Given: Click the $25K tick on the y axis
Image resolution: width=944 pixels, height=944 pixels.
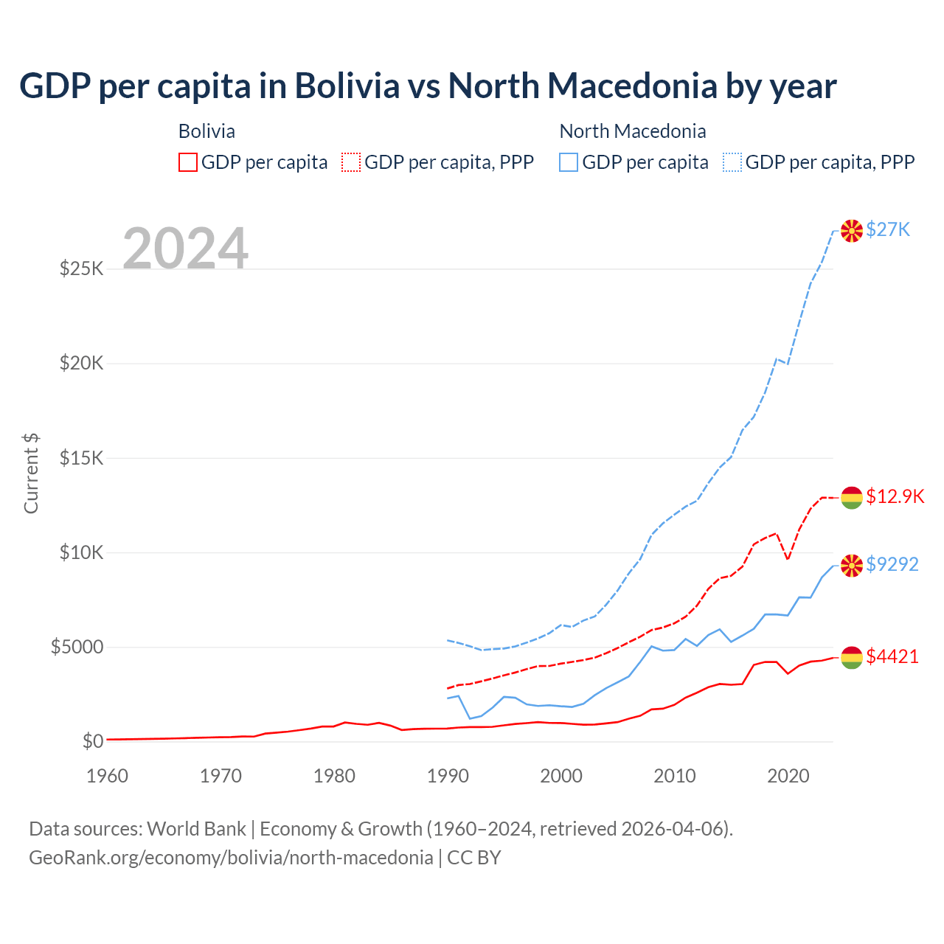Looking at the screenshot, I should tap(82, 268).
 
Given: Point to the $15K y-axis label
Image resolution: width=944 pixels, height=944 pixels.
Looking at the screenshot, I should tap(82, 458).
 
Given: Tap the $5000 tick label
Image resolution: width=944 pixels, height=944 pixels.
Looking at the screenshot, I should tap(77, 648).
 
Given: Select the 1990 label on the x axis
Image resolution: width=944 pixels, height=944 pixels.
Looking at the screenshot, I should tap(448, 776).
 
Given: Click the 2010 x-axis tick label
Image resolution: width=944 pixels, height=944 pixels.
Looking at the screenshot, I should tap(675, 776).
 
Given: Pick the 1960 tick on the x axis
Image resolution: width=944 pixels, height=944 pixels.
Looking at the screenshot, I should tap(108, 776).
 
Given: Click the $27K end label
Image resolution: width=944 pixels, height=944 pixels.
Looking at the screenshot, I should tap(888, 229).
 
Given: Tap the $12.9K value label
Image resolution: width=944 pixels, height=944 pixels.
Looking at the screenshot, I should tap(895, 496).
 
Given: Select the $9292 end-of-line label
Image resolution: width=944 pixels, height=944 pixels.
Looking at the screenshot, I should tap(892, 564).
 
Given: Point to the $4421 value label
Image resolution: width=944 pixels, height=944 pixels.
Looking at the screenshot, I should tap(892, 656).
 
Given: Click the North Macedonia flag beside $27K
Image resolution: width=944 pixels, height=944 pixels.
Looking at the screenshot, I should tap(852, 231).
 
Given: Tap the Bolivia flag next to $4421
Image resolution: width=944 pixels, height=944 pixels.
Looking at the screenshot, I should tap(852, 657).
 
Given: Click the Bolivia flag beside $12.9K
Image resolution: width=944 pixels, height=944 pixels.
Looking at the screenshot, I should tap(852, 498).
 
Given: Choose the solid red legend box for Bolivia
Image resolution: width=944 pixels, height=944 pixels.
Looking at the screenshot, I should tap(188, 162).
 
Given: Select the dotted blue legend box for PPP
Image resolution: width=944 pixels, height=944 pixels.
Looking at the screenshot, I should tap(732, 162).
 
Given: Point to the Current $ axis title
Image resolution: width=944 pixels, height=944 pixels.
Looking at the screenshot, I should tap(31, 473).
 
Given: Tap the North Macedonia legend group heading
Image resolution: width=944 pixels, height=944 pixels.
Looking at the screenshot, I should tap(633, 131).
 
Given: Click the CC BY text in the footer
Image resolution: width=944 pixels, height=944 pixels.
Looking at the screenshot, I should tap(474, 858).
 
